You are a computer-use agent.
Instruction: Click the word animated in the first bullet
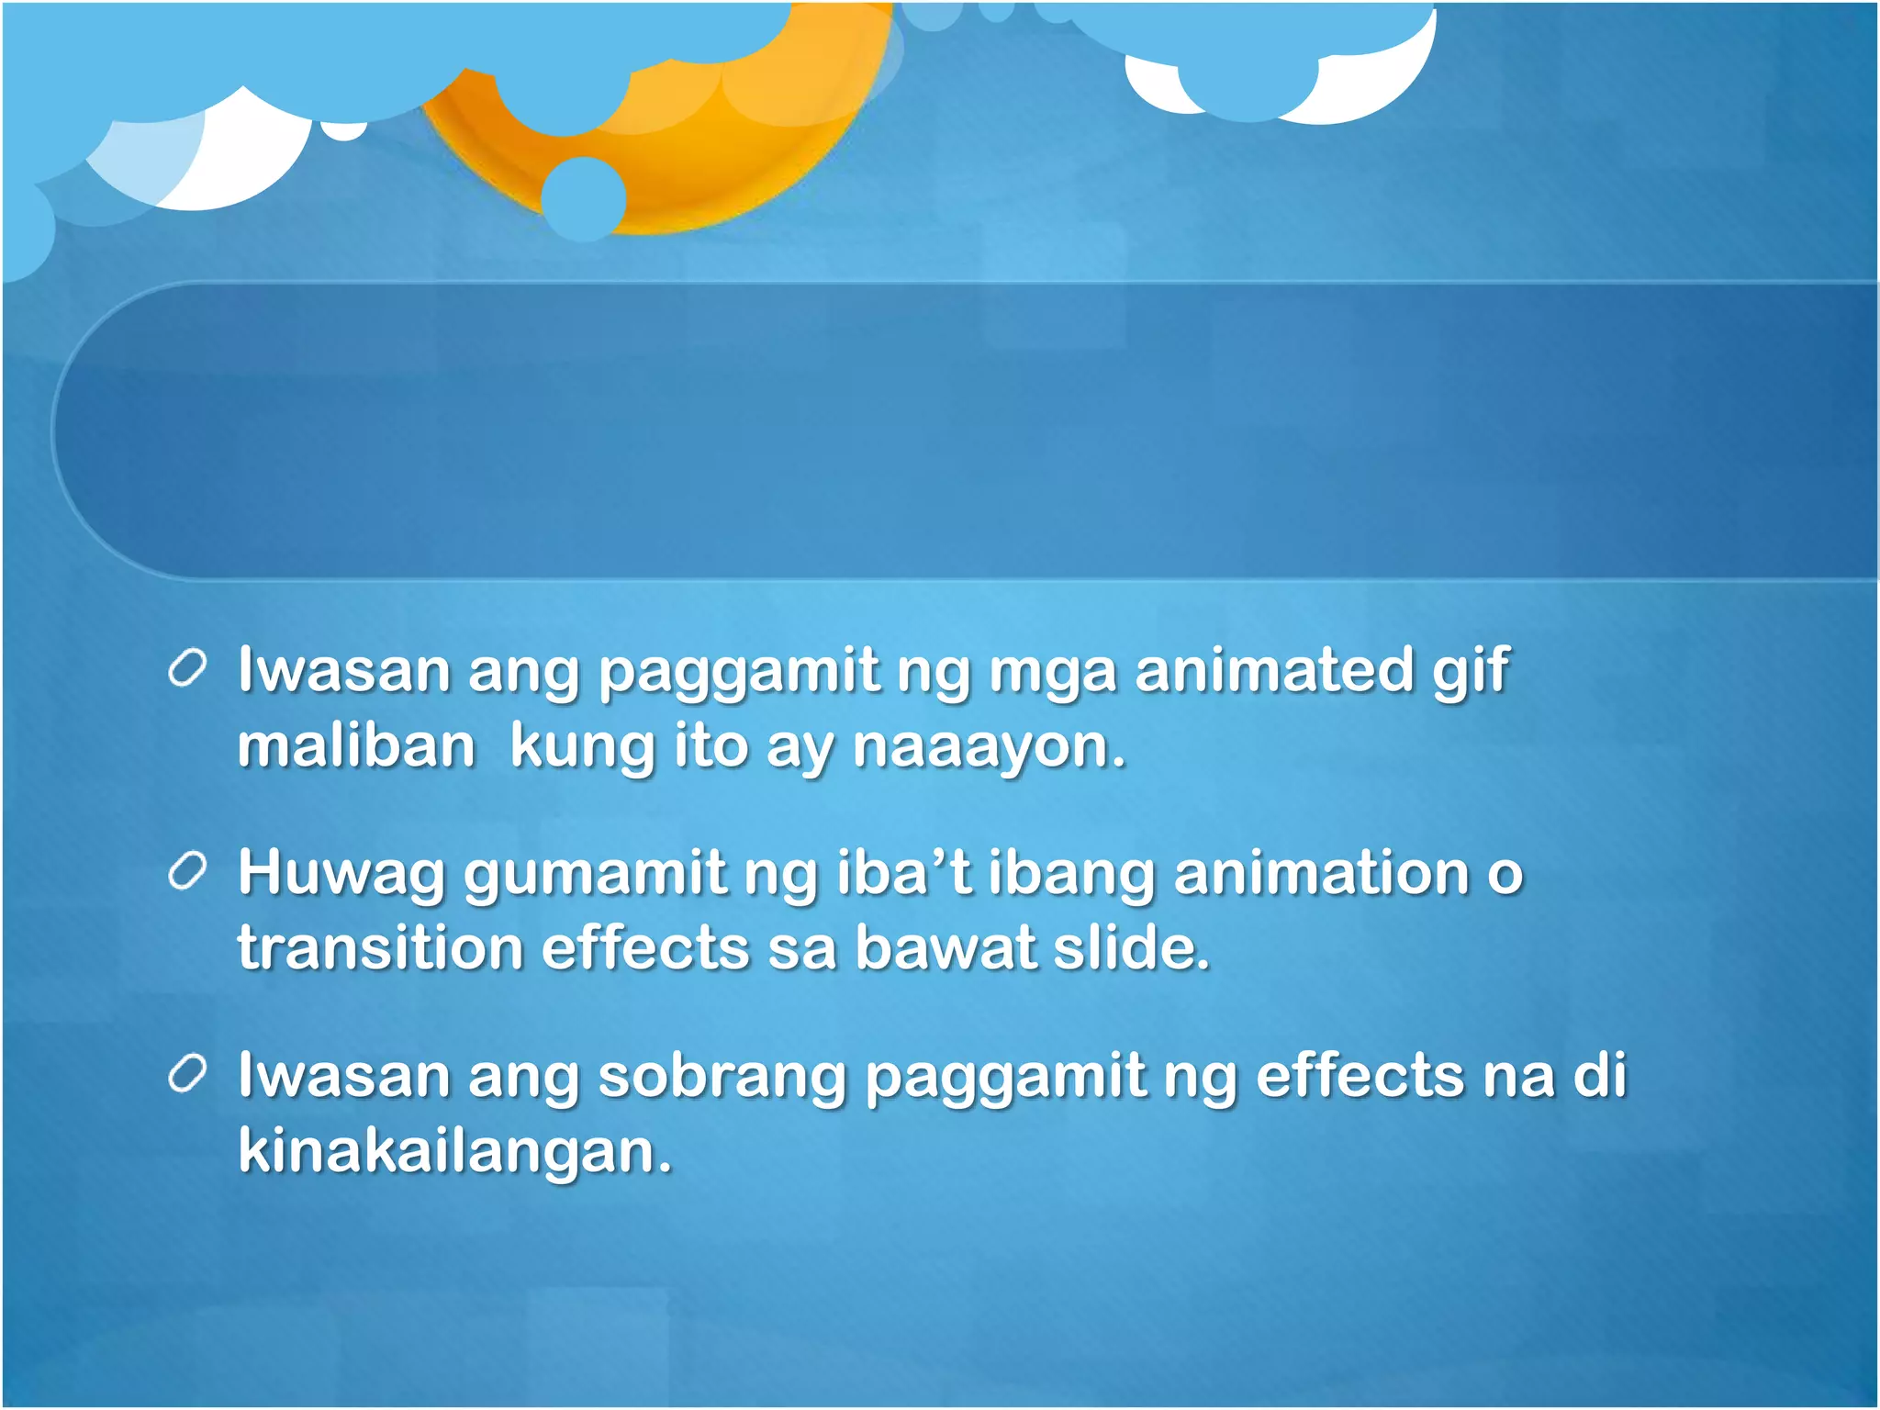[x=1273, y=670]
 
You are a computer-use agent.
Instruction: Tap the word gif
[x=1471, y=672]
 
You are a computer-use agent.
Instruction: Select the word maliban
[x=356, y=745]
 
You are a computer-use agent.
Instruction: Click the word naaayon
[x=988, y=747]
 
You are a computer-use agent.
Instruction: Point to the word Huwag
[x=341, y=874]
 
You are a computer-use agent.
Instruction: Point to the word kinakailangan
[x=454, y=1151]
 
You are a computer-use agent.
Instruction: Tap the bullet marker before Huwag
[x=187, y=872]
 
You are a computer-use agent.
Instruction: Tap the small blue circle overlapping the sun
[x=584, y=198]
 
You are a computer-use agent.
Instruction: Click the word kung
[x=582, y=747]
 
